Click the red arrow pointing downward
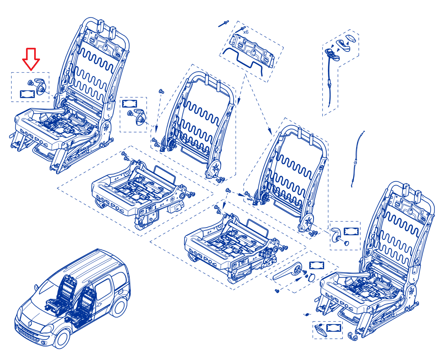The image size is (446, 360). point(31,59)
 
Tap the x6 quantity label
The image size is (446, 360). point(246,32)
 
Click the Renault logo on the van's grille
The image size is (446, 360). point(30,324)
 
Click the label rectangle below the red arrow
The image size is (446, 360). point(27,94)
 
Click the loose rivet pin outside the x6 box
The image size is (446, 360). point(223,24)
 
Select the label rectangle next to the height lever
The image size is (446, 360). point(317,265)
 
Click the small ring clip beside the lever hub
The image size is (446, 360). point(312,278)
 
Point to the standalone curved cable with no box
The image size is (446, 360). point(358,159)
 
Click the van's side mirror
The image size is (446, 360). point(36,287)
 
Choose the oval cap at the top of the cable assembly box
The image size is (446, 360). point(350,38)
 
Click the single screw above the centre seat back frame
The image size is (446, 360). point(161,91)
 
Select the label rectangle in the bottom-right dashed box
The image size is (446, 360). point(333,328)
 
